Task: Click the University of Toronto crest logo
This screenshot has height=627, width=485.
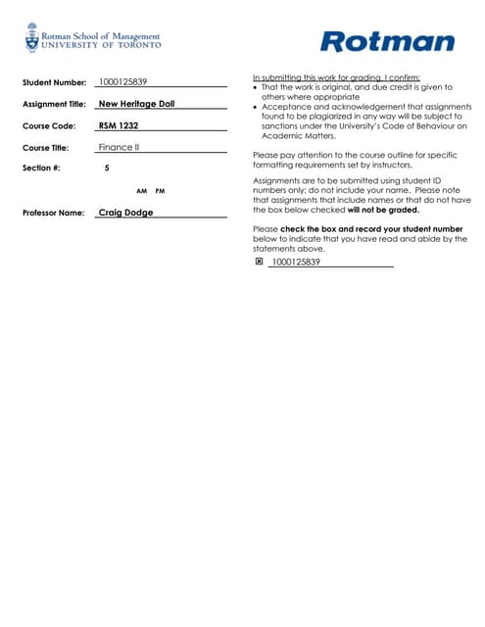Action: tap(32, 40)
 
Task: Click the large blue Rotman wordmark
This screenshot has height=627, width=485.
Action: tap(387, 41)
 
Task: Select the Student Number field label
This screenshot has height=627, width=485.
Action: tap(54, 83)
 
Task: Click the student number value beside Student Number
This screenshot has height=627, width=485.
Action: tap(123, 82)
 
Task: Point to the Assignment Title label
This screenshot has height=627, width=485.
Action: tap(54, 104)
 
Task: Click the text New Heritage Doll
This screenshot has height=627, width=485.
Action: tap(137, 104)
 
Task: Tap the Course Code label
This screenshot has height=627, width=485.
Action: tap(48, 126)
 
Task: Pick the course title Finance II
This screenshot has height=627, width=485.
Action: tap(120, 147)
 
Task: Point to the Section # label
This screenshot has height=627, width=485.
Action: tap(41, 169)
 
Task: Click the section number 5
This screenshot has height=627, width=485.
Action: tap(106, 169)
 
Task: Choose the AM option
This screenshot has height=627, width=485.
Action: tap(141, 190)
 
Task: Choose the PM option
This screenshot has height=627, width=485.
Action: tap(160, 190)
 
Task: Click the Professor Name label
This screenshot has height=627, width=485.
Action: tap(53, 213)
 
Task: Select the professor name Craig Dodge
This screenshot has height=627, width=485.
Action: tap(125, 212)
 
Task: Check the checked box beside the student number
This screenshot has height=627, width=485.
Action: tap(259, 262)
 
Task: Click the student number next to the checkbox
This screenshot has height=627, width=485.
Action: tap(295, 263)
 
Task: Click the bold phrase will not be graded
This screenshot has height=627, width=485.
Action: tap(382, 210)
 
